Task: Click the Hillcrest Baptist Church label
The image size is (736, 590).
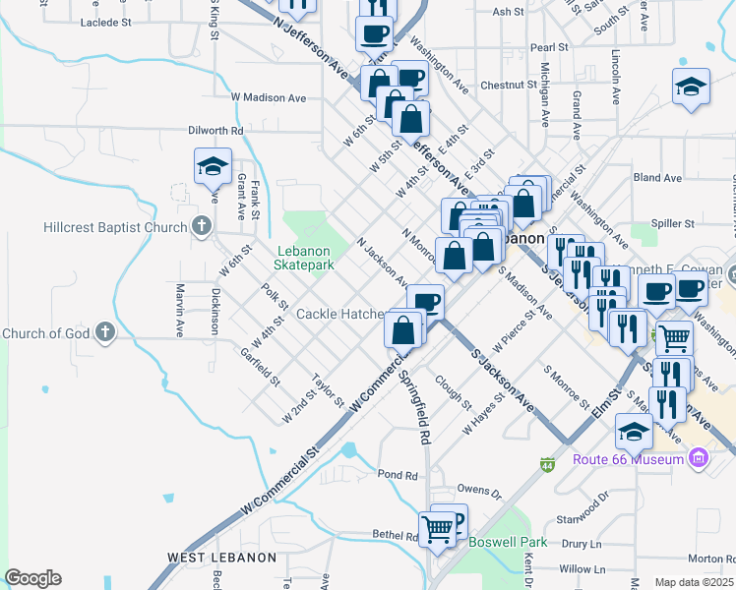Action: [115, 227]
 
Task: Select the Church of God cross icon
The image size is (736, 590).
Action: [103, 333]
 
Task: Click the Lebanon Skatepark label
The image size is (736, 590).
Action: [306, 258]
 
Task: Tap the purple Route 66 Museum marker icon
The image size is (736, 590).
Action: [699, 458]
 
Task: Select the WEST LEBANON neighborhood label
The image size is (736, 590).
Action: [221, 558]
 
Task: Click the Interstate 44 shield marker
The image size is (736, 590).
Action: [548, 463]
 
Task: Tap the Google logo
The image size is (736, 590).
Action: [32, 578]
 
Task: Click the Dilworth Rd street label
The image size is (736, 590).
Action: [215, 130]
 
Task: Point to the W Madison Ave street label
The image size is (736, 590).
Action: [269, 97]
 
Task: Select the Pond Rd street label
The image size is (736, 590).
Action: [398, 474]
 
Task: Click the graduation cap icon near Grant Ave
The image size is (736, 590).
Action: [212, 167]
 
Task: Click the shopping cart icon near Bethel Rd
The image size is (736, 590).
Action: [437, 529]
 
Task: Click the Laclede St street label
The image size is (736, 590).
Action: [105, 22]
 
